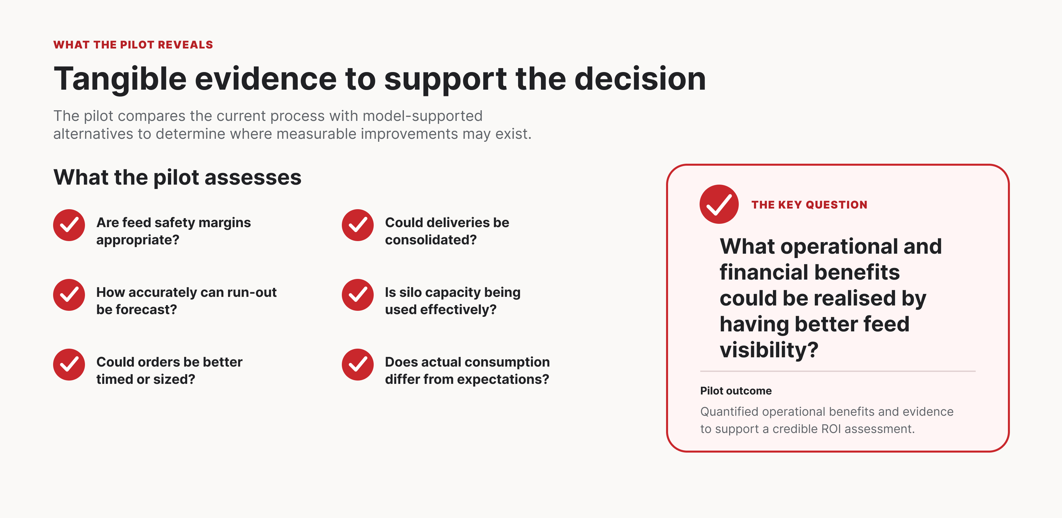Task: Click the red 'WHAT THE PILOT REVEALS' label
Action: pyautogui.click(x=133, y=44)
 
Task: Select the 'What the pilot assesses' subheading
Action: pyautogui.click(x=177, y=178)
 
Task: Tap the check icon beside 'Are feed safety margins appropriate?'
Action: pyautogui.click(x=69, y=225)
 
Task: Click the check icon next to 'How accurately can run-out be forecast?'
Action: pyautogui.click(x=69, y=295)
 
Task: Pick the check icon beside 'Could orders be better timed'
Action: pyautogui.click(x=69, y=364)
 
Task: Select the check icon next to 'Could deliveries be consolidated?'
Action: pyautogui.click(x=357, y=225)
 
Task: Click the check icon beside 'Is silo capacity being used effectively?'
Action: pyautogui.click(x=357, y=295)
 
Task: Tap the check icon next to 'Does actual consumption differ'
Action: pyautogui.click(x=357, y=364)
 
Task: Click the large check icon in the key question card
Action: pyautogui.click(x=719, y=204)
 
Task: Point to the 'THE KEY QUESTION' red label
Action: pyautogui.click(x=809, y=205)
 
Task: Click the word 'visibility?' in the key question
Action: pyautogui.click(x=769, y=350)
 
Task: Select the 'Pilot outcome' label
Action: pyautogui.click(x=736, y=390)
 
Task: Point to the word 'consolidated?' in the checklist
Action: pyautogui.click(x=431, y=240)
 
